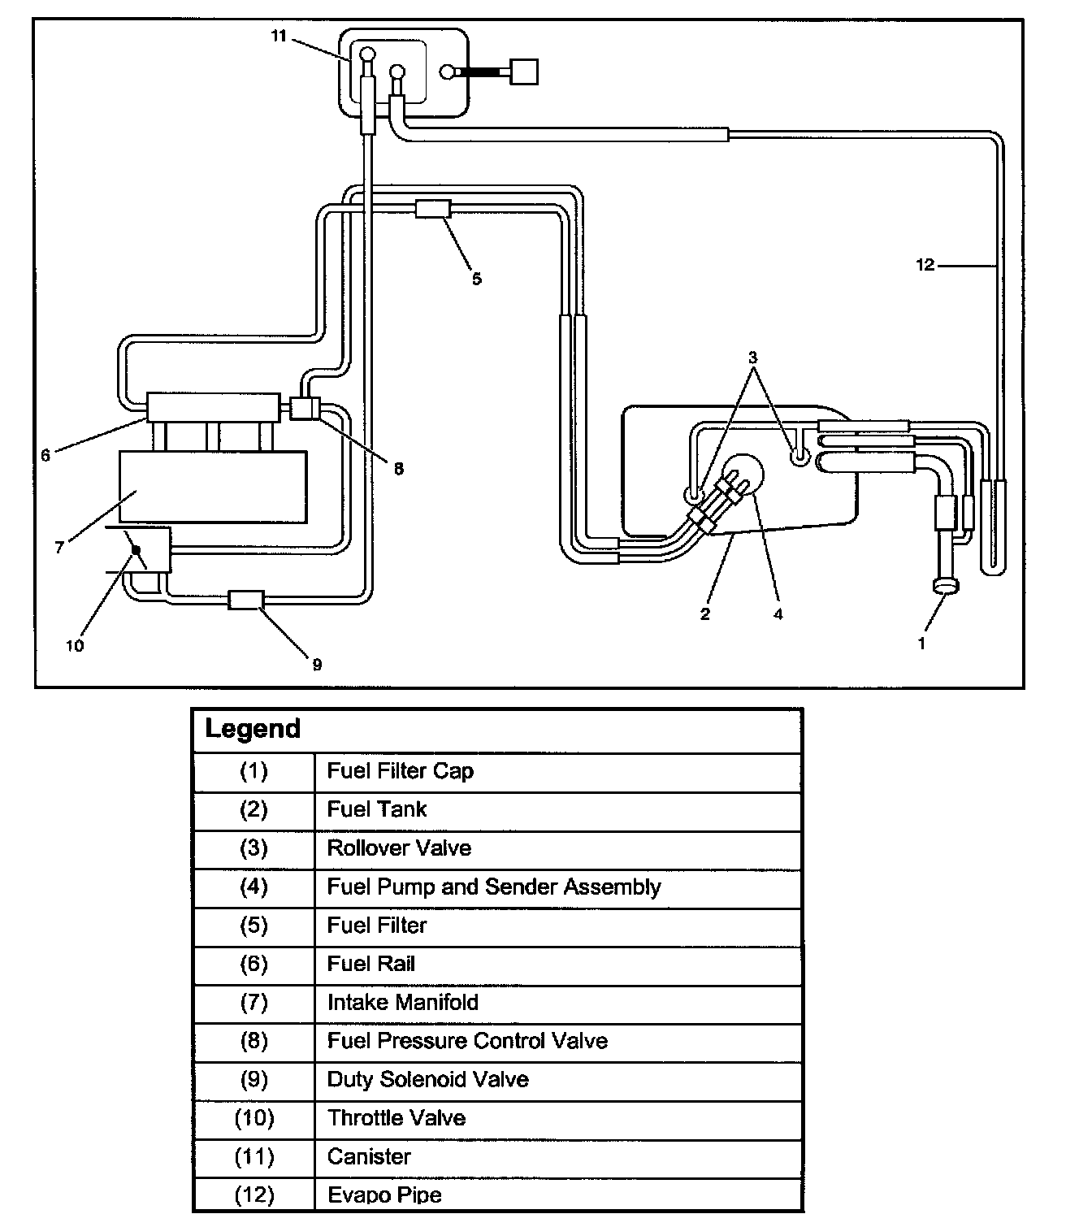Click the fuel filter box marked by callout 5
tap(432, 208)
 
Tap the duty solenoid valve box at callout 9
tap(245, 600)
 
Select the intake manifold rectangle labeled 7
tap(213, 487)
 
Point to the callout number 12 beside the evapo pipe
tap(925, 265)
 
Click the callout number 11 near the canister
tap(279, 36)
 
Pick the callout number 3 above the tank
tap(752, 358)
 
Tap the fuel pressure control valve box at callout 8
tap(305, 407)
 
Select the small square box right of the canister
tap(522, 72)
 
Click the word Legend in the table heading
tap(253, 728)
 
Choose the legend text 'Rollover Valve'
tap(399, 848)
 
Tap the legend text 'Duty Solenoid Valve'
tap(427, 1080)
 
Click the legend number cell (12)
tap(254, 1195)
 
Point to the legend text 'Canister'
tap(369, 1156)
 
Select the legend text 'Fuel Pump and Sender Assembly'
tap(494, 887)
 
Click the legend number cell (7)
tap(254, 1003)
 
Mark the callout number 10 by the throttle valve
tap(75, 647)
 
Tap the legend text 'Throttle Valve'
tap(396, 1118)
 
